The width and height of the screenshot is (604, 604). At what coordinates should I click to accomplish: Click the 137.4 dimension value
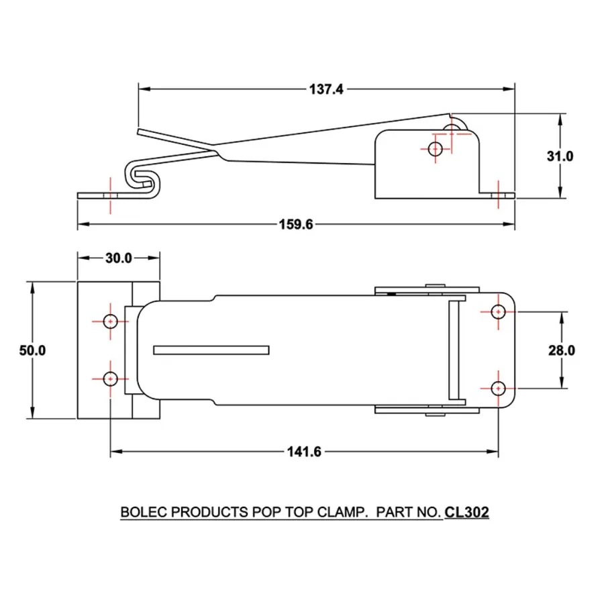tap(326, 89)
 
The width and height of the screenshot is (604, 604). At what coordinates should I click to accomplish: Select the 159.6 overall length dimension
tap(296, 224)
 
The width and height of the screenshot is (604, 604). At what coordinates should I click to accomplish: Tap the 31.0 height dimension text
tap(560, 156)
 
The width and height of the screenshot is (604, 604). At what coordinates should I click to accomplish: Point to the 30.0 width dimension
tap(119, 258)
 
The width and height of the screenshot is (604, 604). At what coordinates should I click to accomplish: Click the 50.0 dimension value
tap(32, 350)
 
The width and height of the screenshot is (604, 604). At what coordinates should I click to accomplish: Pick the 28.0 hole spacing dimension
tap(562, 350)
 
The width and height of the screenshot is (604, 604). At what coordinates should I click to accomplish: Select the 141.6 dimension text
tap(304, 452)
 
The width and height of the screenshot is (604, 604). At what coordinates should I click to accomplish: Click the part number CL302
tap(467, 512)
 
